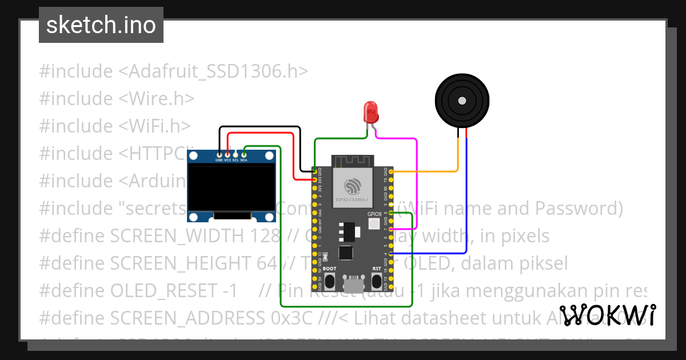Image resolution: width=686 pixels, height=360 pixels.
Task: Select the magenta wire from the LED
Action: coord(416,183)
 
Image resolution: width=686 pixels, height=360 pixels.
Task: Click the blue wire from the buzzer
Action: coord(467,200)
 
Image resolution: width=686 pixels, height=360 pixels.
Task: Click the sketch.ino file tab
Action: coord(101,25)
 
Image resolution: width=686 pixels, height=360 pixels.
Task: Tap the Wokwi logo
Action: coord(608,315)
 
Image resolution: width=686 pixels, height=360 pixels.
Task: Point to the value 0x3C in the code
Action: coord(291,318)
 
